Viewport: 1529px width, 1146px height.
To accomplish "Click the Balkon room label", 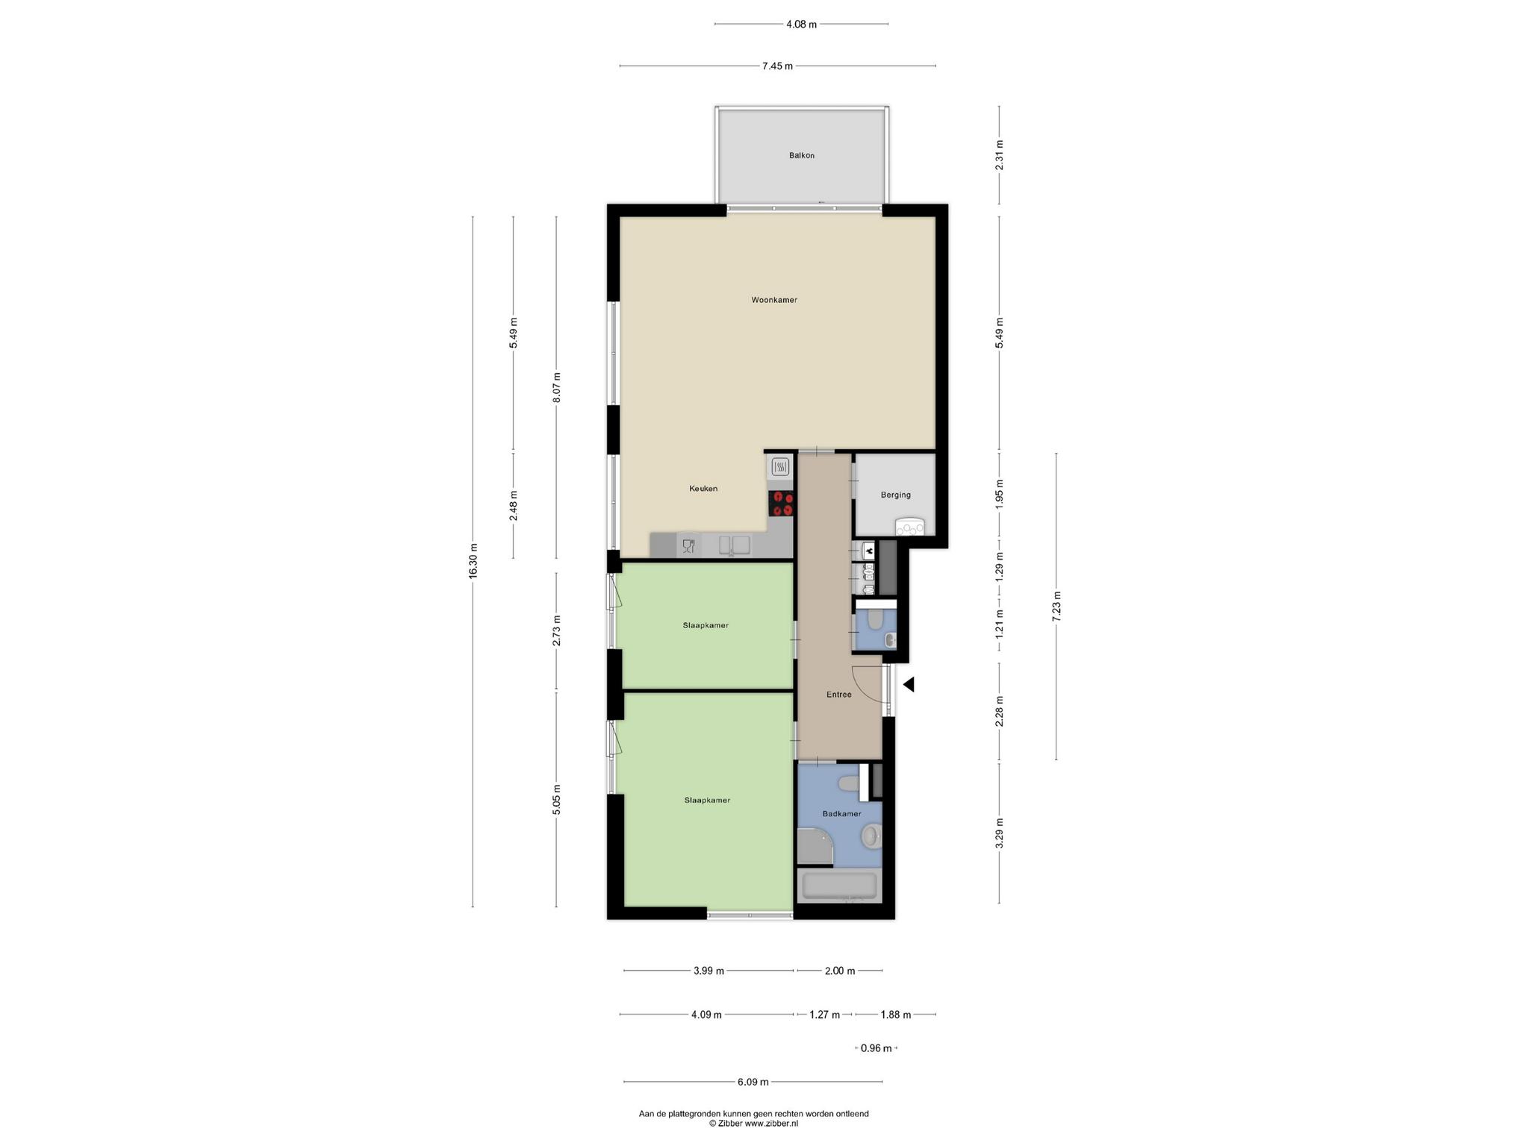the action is coord(802,156).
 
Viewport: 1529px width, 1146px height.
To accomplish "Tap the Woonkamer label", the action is coord(774,300).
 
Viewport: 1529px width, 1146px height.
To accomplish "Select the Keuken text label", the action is coord(703,489).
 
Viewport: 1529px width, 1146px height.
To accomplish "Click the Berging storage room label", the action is coord(895,495).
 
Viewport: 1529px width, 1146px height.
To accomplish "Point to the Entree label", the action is coord(838,695).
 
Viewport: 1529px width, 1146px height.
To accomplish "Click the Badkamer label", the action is coord(841,814).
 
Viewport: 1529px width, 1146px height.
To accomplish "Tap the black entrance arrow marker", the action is coord(909,684).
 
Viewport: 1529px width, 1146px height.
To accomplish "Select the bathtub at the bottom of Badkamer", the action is coord(839,886).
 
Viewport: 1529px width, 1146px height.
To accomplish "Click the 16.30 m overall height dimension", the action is coord(473,562).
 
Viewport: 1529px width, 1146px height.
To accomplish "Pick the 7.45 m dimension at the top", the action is coord(777,66).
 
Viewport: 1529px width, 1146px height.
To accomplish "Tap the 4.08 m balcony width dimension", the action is coord(801,25).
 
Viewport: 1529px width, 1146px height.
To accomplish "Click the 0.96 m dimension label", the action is coord(876,1048).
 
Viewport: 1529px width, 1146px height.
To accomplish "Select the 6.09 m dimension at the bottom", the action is coord(753,1082).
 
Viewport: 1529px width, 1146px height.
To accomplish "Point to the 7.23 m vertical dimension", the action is coord(1056,606).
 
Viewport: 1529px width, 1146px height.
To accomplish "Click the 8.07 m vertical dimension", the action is coord(556,387).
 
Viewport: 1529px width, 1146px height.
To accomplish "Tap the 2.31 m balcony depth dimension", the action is coord(1000,155).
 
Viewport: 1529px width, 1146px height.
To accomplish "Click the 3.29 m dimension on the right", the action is coord(1000,833).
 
